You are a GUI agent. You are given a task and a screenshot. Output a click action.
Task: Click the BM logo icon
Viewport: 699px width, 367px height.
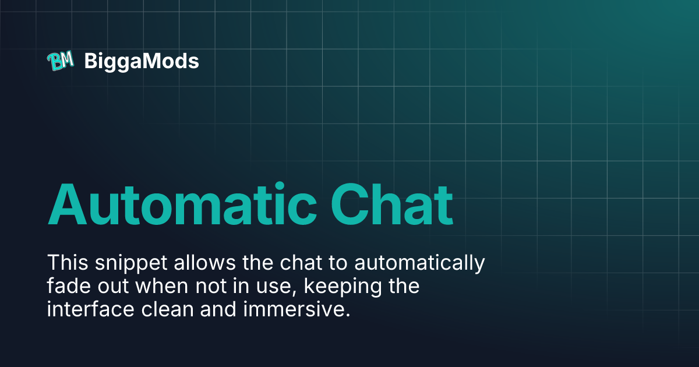click(60, 61)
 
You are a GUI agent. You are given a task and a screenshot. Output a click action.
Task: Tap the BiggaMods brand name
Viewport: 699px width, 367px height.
click(142, 61)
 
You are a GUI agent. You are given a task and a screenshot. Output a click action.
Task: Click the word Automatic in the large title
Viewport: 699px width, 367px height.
click(179, 205)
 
